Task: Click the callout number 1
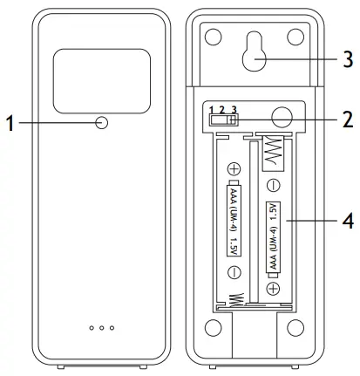click(10, 123)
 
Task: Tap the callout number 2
click(347, 117)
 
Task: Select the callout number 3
click(347, 60)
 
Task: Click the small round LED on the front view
click(102, 123)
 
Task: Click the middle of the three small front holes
click(102, 329)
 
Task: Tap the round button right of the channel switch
click(280, 118)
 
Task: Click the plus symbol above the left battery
click(233, 168)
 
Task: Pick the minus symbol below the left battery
click(233, 272)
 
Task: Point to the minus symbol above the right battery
click(272, 185)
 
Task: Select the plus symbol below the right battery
click(272, 288)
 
